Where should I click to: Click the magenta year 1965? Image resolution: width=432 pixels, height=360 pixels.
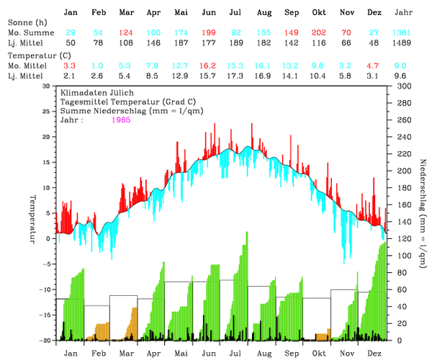(x=124, y=120)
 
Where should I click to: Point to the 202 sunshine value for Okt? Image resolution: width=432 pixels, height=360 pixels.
(x=319, y=32)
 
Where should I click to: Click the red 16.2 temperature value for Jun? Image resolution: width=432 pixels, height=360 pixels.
(x=209, y=65)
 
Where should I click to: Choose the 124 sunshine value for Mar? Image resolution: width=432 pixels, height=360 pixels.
(x=125, y=32)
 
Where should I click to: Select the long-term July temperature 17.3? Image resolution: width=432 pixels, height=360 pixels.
(x=235, y=75)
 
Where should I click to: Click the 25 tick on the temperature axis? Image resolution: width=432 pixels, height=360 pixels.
(x=48, y=111)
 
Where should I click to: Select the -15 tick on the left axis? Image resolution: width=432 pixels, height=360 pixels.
(x=46, y=315)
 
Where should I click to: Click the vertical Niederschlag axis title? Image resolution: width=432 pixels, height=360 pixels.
(x=420, y=212)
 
